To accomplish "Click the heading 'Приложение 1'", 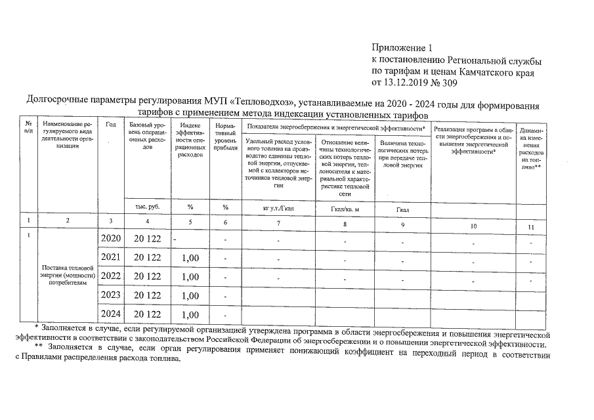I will [x=402, y=48].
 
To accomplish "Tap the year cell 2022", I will [x=111, y=277].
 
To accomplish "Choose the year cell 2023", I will [x=111, y=296].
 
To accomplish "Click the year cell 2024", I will [x=111, y=314].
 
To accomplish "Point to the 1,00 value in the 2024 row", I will [x=189, y=315].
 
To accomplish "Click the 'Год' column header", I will [x=111, y=125].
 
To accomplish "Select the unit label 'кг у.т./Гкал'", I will [x=278, y=208].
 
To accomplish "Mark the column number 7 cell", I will [x=278, y=224].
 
